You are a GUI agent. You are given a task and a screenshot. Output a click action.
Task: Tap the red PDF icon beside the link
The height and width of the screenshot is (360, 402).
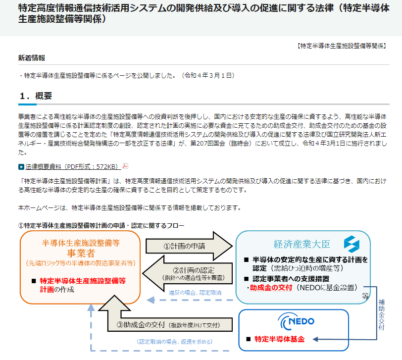125,166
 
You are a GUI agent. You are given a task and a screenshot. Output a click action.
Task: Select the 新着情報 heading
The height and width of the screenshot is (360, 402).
32,58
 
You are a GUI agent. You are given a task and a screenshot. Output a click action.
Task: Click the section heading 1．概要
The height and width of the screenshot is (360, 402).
36,96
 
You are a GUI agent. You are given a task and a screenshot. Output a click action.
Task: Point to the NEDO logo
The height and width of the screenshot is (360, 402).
296,321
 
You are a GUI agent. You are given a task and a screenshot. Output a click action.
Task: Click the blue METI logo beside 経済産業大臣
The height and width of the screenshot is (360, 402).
352,244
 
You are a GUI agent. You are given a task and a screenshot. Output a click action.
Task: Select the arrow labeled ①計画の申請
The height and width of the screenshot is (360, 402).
189,246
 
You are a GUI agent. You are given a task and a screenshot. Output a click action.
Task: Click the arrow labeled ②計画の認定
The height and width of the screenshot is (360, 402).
188,274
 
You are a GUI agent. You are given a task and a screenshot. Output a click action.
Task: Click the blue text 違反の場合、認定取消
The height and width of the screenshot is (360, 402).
195,293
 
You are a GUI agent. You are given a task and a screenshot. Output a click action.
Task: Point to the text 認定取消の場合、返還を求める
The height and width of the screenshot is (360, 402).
174,342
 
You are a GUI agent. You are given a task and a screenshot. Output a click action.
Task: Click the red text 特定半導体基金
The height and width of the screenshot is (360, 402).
279,339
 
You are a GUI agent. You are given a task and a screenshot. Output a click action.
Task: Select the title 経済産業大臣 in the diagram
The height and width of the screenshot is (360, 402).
301,244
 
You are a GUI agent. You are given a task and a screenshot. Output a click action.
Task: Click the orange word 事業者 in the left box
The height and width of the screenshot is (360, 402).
81,254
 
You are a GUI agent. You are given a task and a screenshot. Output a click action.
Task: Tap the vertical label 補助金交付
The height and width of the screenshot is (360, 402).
382,314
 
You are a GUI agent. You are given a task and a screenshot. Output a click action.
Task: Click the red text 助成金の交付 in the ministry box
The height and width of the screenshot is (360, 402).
271,288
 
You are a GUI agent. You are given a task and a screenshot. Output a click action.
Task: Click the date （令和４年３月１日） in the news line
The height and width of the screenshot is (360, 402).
208,75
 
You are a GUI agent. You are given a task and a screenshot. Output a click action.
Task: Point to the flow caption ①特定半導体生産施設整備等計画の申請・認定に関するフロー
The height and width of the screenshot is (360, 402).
101,226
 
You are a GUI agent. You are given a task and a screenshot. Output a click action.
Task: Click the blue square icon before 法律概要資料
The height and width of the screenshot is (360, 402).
21,167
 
